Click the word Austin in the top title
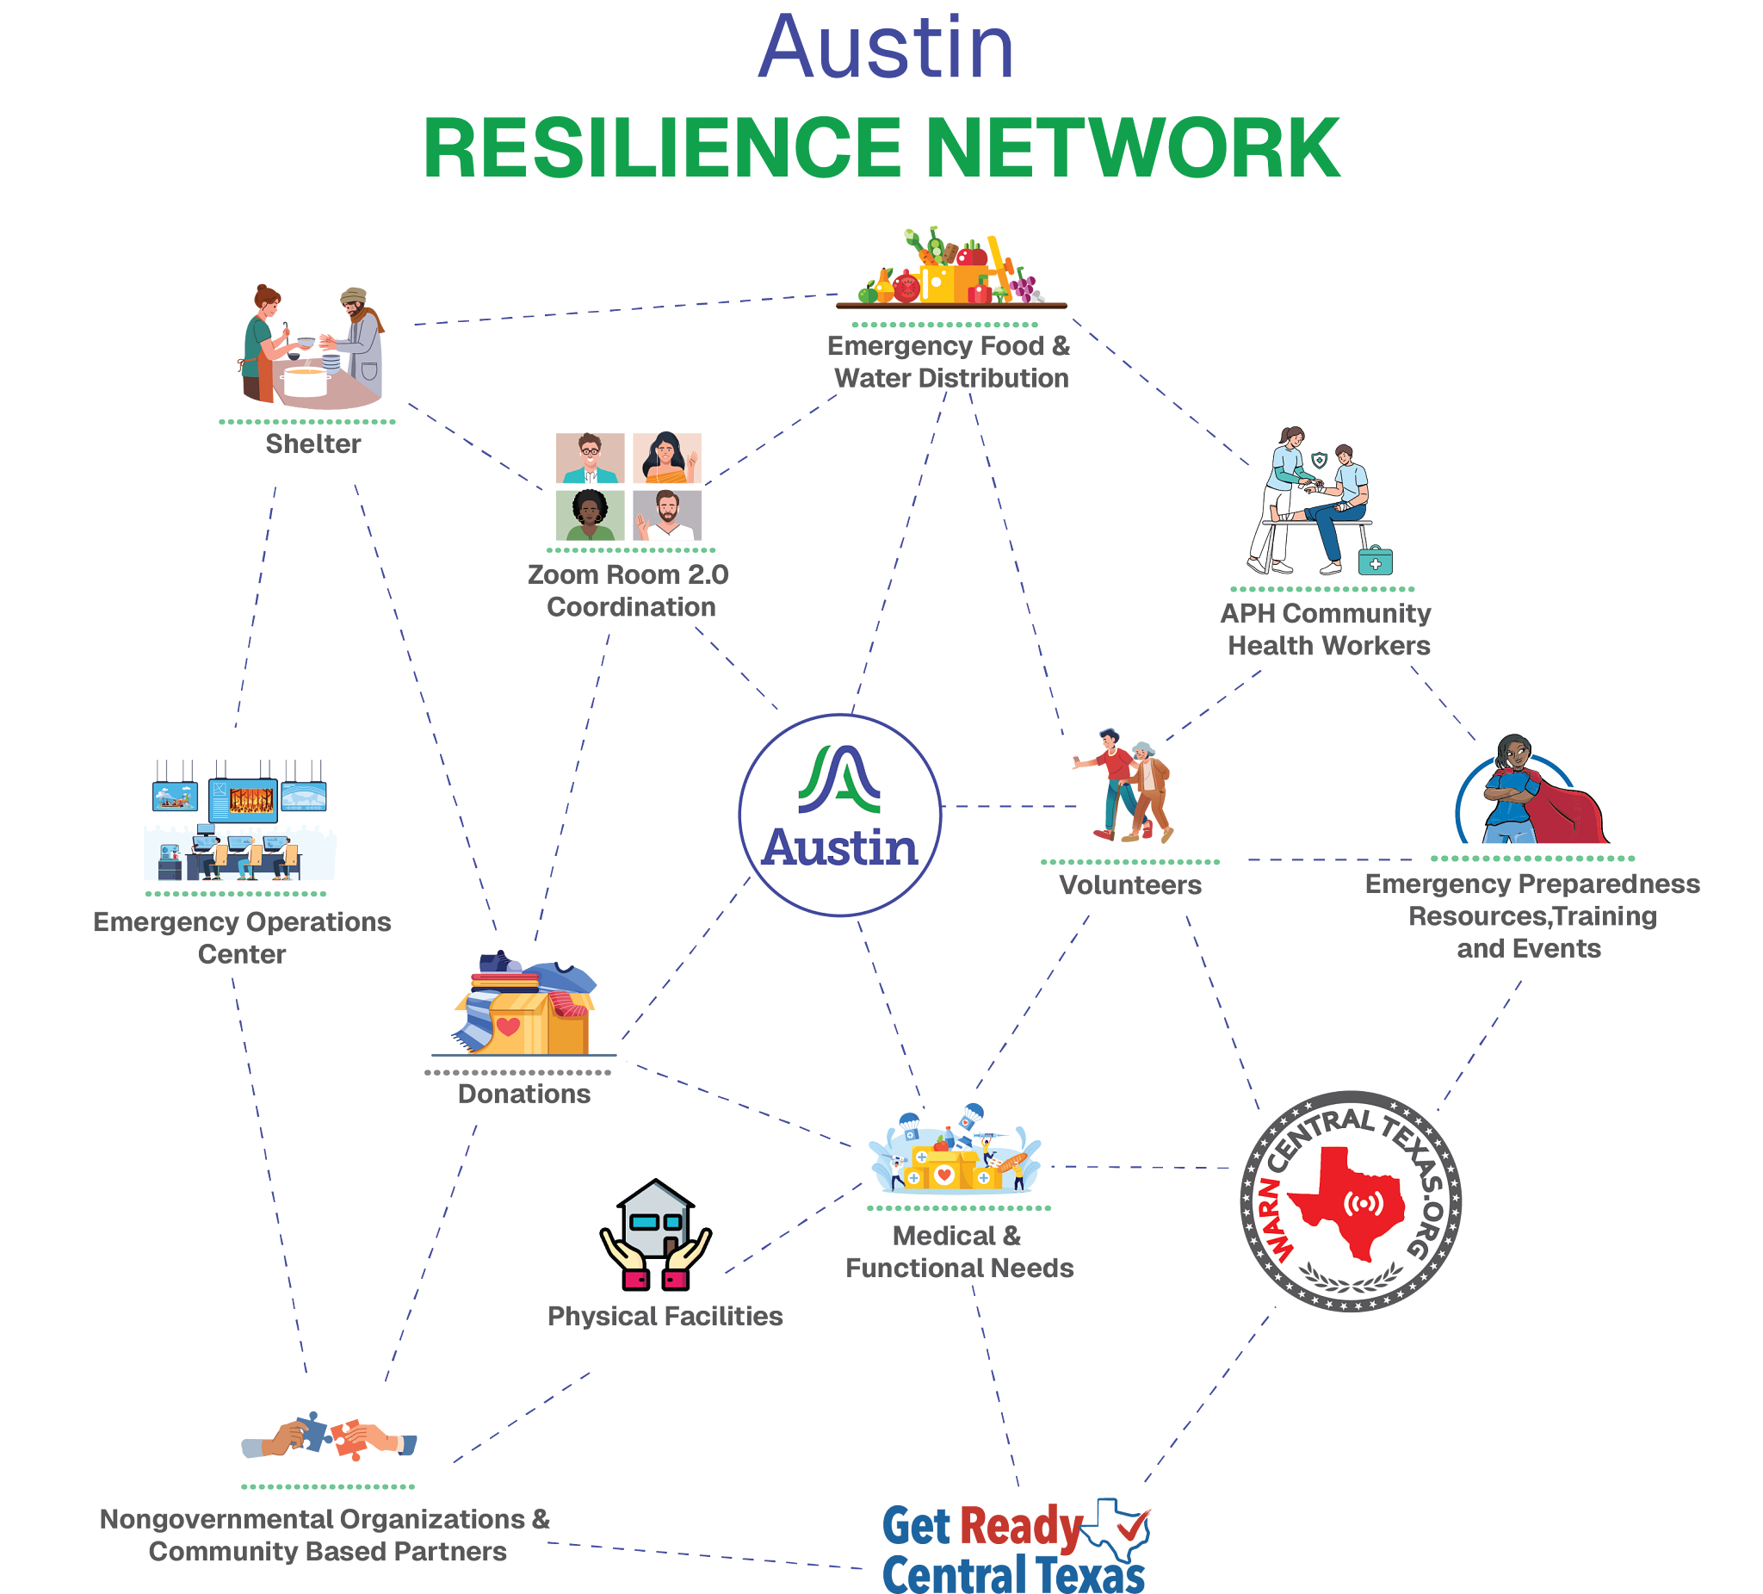tap(885, 49)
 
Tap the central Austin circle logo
tap(839, 815)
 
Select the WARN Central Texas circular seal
tap(1352, 1201)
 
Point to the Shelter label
tap(313, 443)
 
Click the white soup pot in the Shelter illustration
tap(306, 381)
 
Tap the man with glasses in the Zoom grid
tap(591, 457)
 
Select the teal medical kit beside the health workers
tap(1375, 560)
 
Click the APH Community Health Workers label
tap(1327, 629)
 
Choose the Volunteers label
tap(1130, 885)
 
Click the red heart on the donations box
tap(508, 1026)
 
